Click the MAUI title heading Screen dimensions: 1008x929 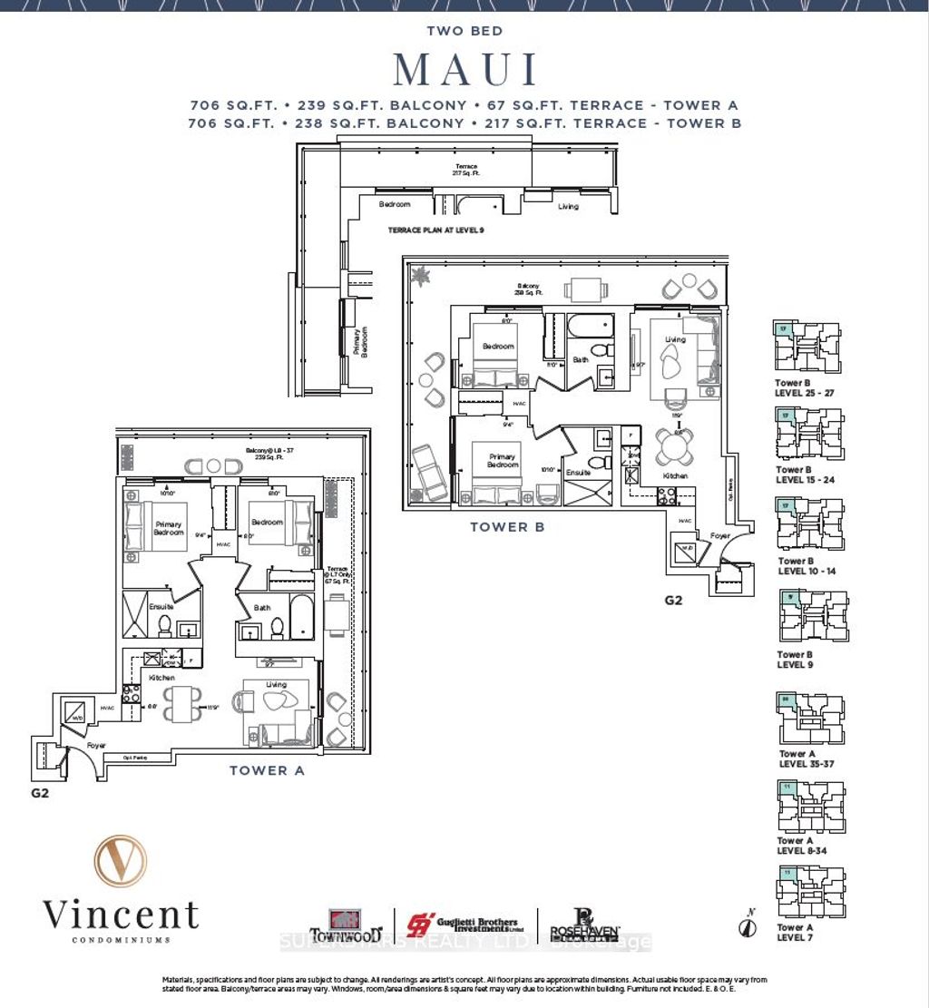click(x=464, y=70)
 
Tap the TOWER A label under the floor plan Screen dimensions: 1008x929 click(x=267, y=770)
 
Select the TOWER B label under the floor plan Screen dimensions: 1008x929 click(x=506, y=526)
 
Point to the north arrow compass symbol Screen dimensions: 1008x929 click(x=748, y=926)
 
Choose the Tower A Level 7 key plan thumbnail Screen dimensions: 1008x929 click(x=812, y=893)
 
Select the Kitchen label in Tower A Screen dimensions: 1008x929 click(x=163, y=678)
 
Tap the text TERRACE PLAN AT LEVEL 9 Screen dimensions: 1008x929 click(x=435, y=230)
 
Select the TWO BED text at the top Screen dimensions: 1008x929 click(x=464, y=31)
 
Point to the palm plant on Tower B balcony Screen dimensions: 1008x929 click(x=421, y=273)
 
